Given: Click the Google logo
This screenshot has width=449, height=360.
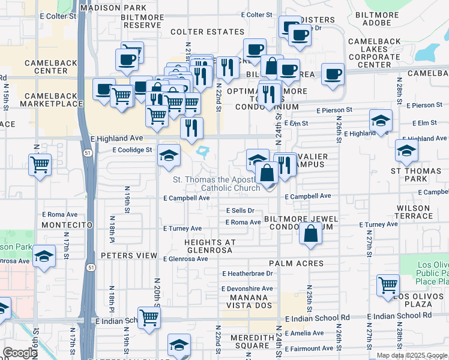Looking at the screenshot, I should point(19,353).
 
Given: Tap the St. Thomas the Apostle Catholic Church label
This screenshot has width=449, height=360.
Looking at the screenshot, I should point(217,184).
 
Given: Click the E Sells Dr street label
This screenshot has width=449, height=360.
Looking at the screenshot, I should point(240,211).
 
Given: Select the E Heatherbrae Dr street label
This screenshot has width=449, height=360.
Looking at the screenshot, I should point(247,274).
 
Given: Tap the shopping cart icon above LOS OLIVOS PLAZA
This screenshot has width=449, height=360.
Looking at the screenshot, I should point(388,286).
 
